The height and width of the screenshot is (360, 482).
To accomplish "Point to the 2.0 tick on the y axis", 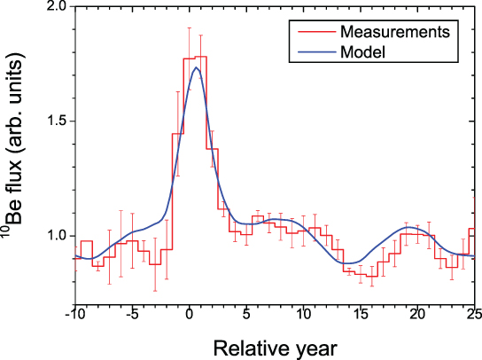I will tap(54, 7).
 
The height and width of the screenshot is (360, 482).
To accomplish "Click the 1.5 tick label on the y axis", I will tap(54, 121).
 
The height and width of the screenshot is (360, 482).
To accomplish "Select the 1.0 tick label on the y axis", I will tap(54, 236).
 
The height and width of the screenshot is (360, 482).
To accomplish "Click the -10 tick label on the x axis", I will tap(74, 314).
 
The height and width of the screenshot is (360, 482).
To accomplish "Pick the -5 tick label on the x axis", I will tap(131, 314).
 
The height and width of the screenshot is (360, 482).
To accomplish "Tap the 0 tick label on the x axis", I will tap(189, 314).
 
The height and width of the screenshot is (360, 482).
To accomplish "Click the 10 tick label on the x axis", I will tap(303, 314).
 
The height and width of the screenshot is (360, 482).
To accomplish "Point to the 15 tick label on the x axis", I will tap(361, 314).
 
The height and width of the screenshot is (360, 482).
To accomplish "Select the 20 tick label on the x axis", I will tap(417, 314).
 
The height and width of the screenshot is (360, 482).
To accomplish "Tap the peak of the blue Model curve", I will tap(196, 67).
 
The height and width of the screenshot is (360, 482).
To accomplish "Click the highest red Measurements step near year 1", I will tap(200, 57).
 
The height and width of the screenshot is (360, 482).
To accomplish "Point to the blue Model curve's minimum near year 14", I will tap(352, 263).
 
